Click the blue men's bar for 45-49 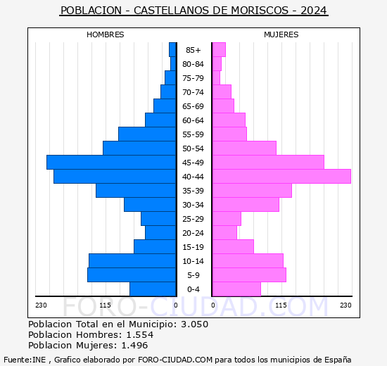(x=111, y=162)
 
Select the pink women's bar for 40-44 (x=281, y=176)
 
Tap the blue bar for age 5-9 (x=132, y=274)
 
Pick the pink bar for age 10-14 (x=248, y=260)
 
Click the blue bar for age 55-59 (x=147, y=134)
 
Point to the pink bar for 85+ (x=219, y=49)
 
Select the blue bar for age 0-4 (x=153, y=289)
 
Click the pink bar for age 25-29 (x=227, y=218)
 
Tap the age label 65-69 (x=193, y=106)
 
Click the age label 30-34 (x=193, y=205)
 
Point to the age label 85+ (x=193, y=50)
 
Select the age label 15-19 (x=193, y=247)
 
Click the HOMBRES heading (x=106, y=34)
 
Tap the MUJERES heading (x=281, y=34)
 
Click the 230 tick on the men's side (x=41, y=305)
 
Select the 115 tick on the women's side (x=281, y=305)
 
